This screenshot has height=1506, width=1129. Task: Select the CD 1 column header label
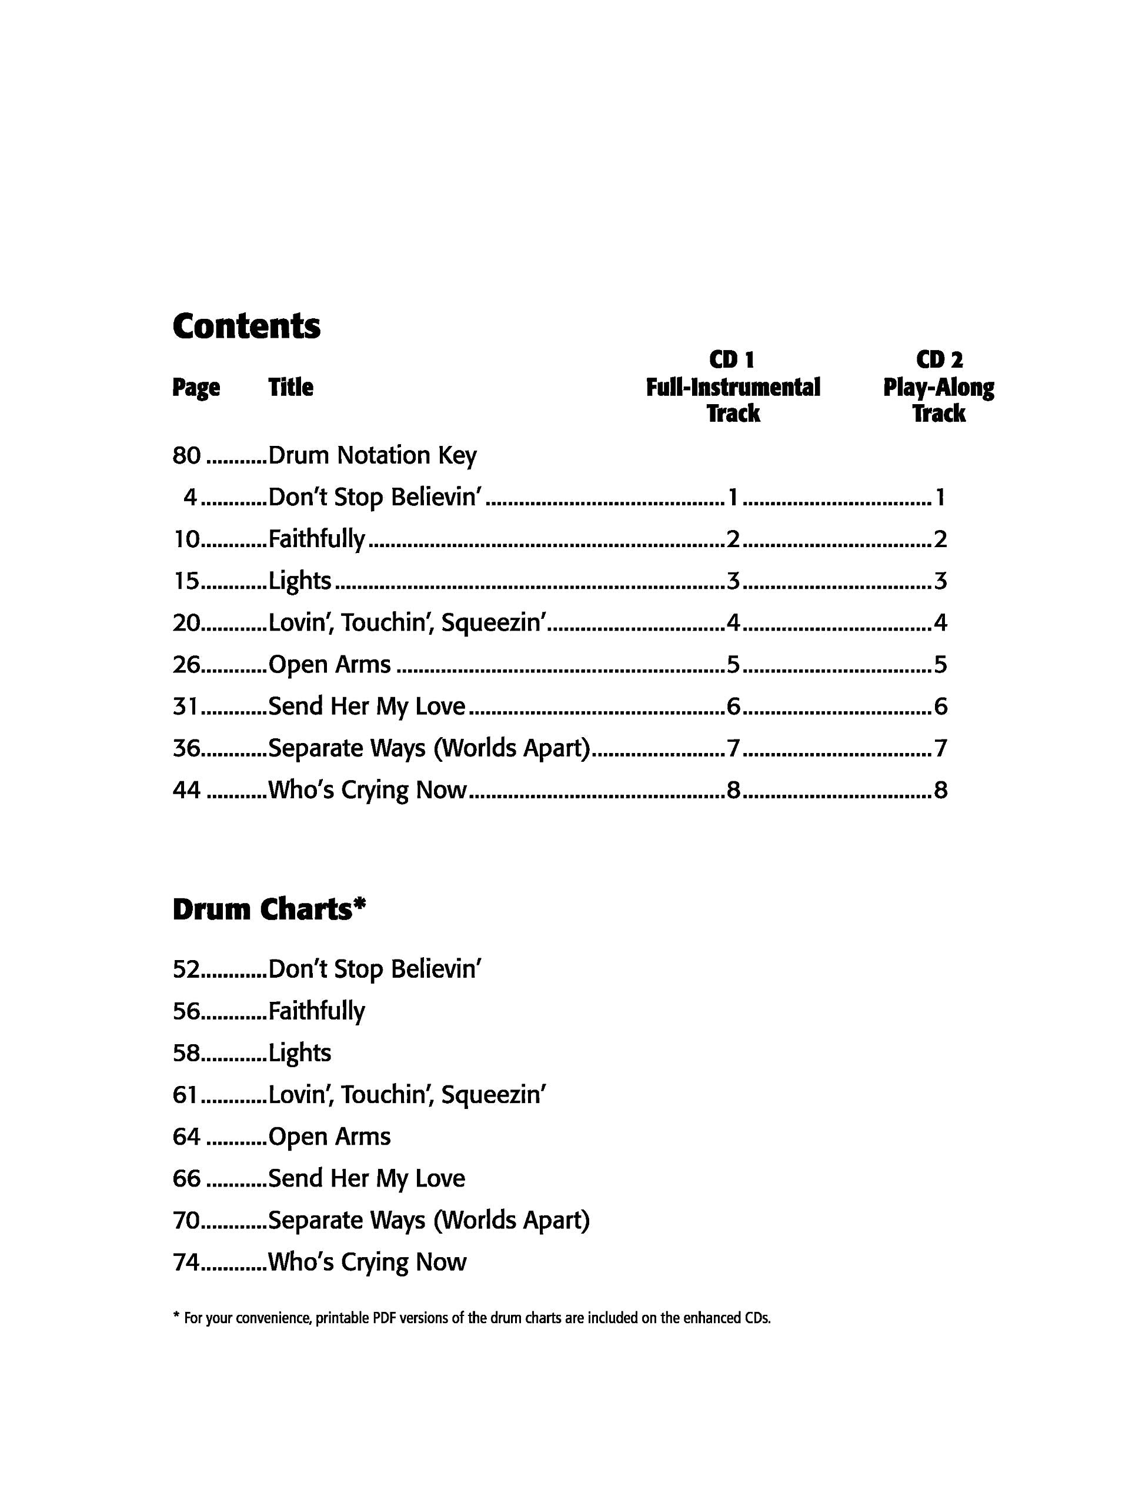pos(732,359)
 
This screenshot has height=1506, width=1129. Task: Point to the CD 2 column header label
pos(939,359)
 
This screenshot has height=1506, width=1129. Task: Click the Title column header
pos(290,388)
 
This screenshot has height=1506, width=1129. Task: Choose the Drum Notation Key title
pos(372,455)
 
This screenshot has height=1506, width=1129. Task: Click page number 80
pos(186,455)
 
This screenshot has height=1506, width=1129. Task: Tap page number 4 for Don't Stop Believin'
pos(190,498)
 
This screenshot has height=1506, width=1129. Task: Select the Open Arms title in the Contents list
pos(329,665)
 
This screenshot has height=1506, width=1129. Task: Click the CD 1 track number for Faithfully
pos(733,539)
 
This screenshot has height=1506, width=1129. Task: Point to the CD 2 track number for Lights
pos(940,581)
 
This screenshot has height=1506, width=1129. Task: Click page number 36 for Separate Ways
pos(186,748)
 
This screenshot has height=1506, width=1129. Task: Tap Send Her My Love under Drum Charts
pos(367,1178)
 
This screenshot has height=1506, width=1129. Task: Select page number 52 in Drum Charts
pos(186,969)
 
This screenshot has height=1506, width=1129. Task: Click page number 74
pos(186,1262)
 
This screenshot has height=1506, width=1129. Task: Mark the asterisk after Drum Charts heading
pos(359,904)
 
